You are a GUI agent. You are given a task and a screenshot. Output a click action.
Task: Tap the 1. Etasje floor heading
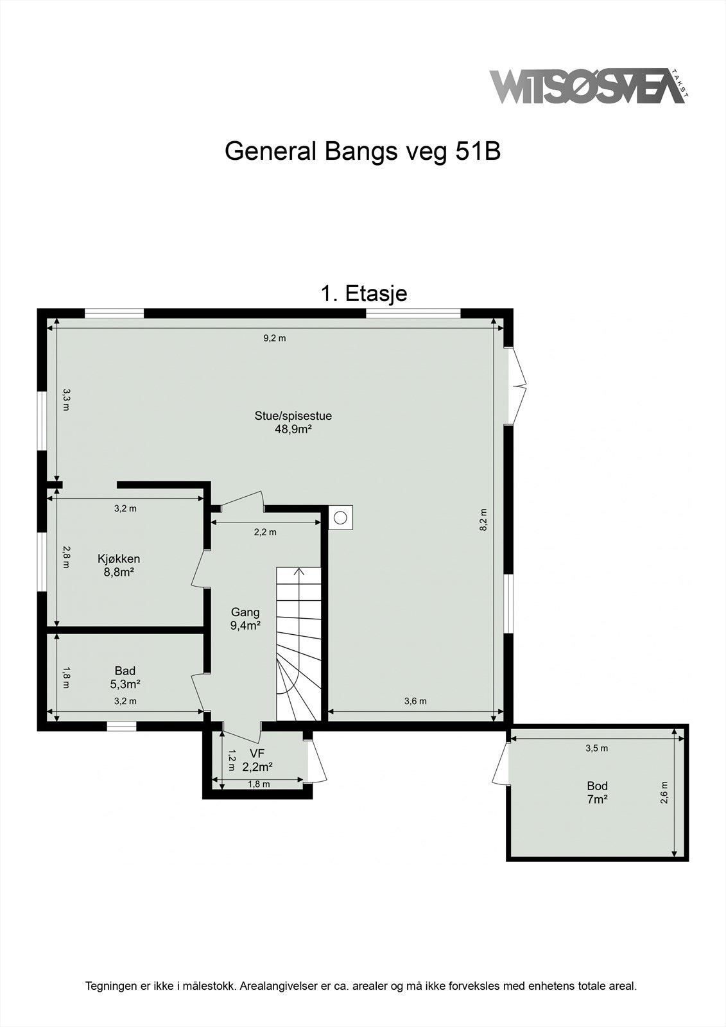point(363,293)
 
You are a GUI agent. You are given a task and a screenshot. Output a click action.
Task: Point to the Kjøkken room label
point(119,558)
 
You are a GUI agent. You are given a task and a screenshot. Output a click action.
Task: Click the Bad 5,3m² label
point(125,677)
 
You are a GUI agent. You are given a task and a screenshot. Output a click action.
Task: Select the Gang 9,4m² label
point(245,619)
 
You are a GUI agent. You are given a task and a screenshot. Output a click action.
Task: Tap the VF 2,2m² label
point(257,760)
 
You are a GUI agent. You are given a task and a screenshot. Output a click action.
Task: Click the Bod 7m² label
point(597,792)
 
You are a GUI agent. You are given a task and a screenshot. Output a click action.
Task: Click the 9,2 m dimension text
point(275,338)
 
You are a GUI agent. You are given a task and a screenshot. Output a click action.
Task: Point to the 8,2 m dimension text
point(483,520)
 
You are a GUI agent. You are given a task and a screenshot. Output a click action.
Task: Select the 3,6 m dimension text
point(415,701)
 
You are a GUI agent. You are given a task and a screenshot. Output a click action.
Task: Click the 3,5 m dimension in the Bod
point(596,748)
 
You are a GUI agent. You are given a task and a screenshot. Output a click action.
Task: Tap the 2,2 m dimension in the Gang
point(265,532)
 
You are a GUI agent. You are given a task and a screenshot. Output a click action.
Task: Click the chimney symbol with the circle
point(341,517)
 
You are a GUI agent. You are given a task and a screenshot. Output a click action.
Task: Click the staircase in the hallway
point(299,642)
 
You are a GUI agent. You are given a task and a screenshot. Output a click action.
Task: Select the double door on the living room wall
point(517,386)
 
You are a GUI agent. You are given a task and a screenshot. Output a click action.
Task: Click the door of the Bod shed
point(501,764)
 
